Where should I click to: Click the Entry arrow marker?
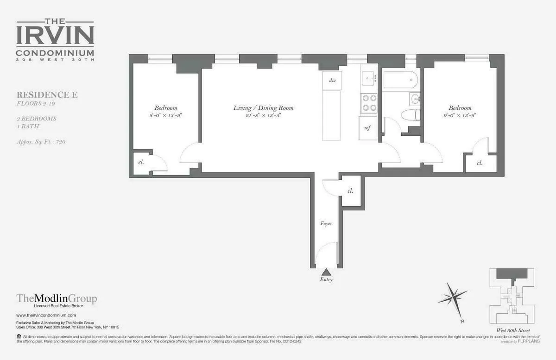pos(326,272)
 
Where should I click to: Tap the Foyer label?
pos(326,223)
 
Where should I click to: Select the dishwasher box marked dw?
pos(332,81)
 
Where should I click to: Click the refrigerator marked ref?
pos(367,128)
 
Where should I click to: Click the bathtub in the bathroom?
pos(401,80)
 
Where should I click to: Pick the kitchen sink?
pos(369,79)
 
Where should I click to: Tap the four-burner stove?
pos(369,103)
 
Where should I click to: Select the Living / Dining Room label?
pos(263,108)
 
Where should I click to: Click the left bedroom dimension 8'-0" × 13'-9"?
pos(165,116)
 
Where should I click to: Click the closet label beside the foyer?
pos(351,190)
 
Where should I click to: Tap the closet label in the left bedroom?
pos(141,163)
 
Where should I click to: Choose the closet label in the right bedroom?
pos(480,163)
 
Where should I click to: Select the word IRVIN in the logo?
pos(55,35)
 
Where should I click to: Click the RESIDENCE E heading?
pos(47,95)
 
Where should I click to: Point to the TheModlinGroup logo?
pos(57,299)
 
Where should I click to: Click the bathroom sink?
pos(415,98)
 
